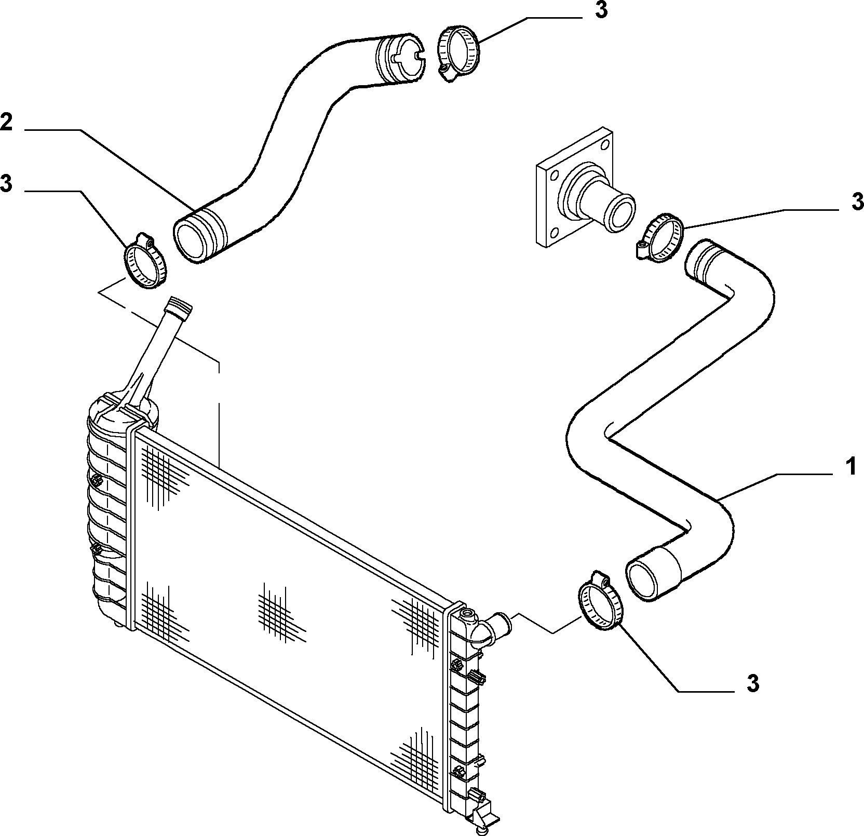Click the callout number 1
click(x=850, y=466)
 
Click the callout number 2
click(x=6, y=122)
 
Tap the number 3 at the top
click(x=601, y=10)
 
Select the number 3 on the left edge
click(x=6, y=183)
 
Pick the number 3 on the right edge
click(x=857, y=201)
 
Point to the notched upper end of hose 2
click(x=400, y=59)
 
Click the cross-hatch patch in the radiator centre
click(x=281, y=611)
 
